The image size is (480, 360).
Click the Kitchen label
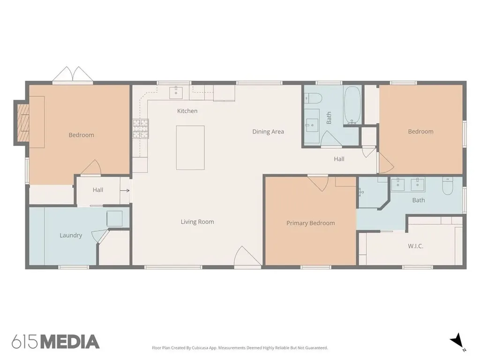pos(187,111)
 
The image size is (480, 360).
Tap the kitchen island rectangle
pos(190,148)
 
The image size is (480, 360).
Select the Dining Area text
pos(268,132)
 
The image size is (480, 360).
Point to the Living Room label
pos(197,222)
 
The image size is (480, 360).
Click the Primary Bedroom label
pos(310,223)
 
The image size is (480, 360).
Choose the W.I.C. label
pos(415,246)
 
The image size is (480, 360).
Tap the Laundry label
pos(71,235)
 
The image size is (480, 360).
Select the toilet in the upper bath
pos(314,98)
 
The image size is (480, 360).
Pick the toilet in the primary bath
pos(448,186)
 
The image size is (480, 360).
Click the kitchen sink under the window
pos(176,92)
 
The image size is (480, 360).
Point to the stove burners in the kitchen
pos(141,128)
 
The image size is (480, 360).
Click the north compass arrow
pos(457,340)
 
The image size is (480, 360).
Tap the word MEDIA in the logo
pos(70,342)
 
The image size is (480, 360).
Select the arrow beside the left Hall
pos(125,190)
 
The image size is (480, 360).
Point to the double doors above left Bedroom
pos(73,75)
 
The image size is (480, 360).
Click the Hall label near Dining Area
pos(339,159)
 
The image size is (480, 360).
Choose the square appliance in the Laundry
pos(114,218)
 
